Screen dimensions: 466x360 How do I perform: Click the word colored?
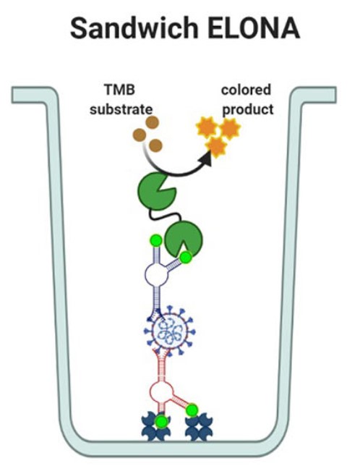(247, 90)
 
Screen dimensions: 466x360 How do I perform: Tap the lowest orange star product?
(215, 148)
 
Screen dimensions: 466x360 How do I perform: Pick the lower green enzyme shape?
(184, 240)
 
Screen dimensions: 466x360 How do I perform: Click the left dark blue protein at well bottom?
(158, 428)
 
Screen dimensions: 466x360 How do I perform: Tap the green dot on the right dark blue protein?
(192, 410)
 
